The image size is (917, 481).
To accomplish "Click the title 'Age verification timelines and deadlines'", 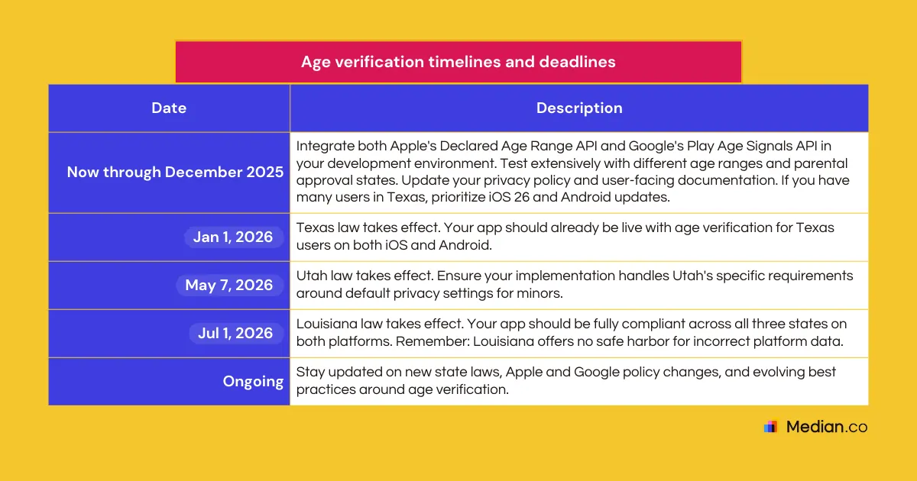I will (458, 62).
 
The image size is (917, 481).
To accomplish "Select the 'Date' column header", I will (169, 108).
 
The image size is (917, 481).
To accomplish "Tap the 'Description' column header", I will (578, 108).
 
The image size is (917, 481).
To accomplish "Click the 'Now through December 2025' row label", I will (175, 172).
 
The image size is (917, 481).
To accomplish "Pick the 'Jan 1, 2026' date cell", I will (232, 237).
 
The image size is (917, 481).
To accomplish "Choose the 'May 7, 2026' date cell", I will (228, 285).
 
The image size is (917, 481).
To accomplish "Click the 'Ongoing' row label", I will (253, 381).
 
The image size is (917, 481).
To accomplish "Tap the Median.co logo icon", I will (770, 427).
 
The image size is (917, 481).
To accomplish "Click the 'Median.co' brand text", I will (827, 427).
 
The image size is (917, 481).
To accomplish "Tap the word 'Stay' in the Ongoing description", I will (310, 373).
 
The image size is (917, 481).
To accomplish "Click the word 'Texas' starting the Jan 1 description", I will (314, 228).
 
